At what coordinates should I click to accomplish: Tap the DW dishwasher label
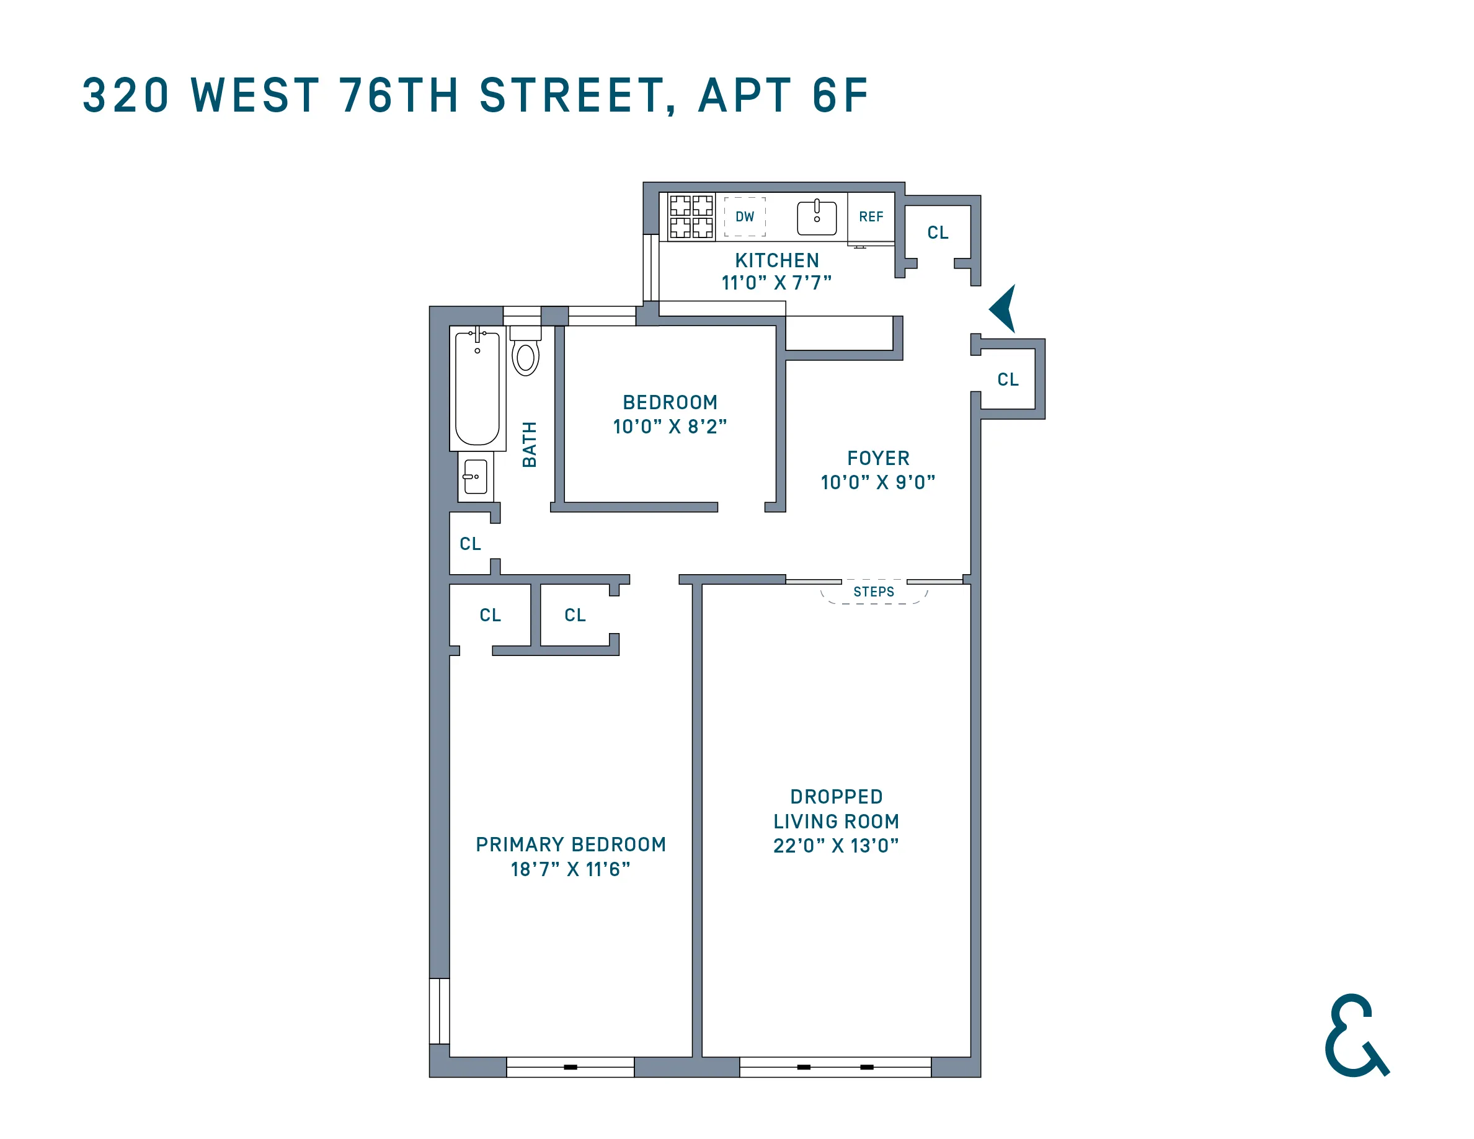pos(744,216)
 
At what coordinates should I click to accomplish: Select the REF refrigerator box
pos(871,216)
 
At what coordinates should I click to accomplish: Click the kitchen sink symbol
pos(817,217)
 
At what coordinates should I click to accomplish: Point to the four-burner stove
pos(691,216)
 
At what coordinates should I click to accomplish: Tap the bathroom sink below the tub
pos(475,476)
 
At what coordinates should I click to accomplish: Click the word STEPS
pos(873,592)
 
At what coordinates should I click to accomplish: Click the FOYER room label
pos(878,458)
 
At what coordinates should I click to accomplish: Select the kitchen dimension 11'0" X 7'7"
pos(776,283)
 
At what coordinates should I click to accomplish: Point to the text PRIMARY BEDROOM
pos(571,845)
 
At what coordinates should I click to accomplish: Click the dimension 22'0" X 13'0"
pos(835,846)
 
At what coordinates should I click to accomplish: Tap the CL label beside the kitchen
pos(938,233)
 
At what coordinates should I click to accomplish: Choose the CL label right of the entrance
pos(1008,379)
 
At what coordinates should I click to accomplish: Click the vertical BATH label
pos(530,444)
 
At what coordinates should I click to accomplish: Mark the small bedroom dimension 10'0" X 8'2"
pos(670,427)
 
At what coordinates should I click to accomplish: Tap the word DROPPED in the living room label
pos(836,797)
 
